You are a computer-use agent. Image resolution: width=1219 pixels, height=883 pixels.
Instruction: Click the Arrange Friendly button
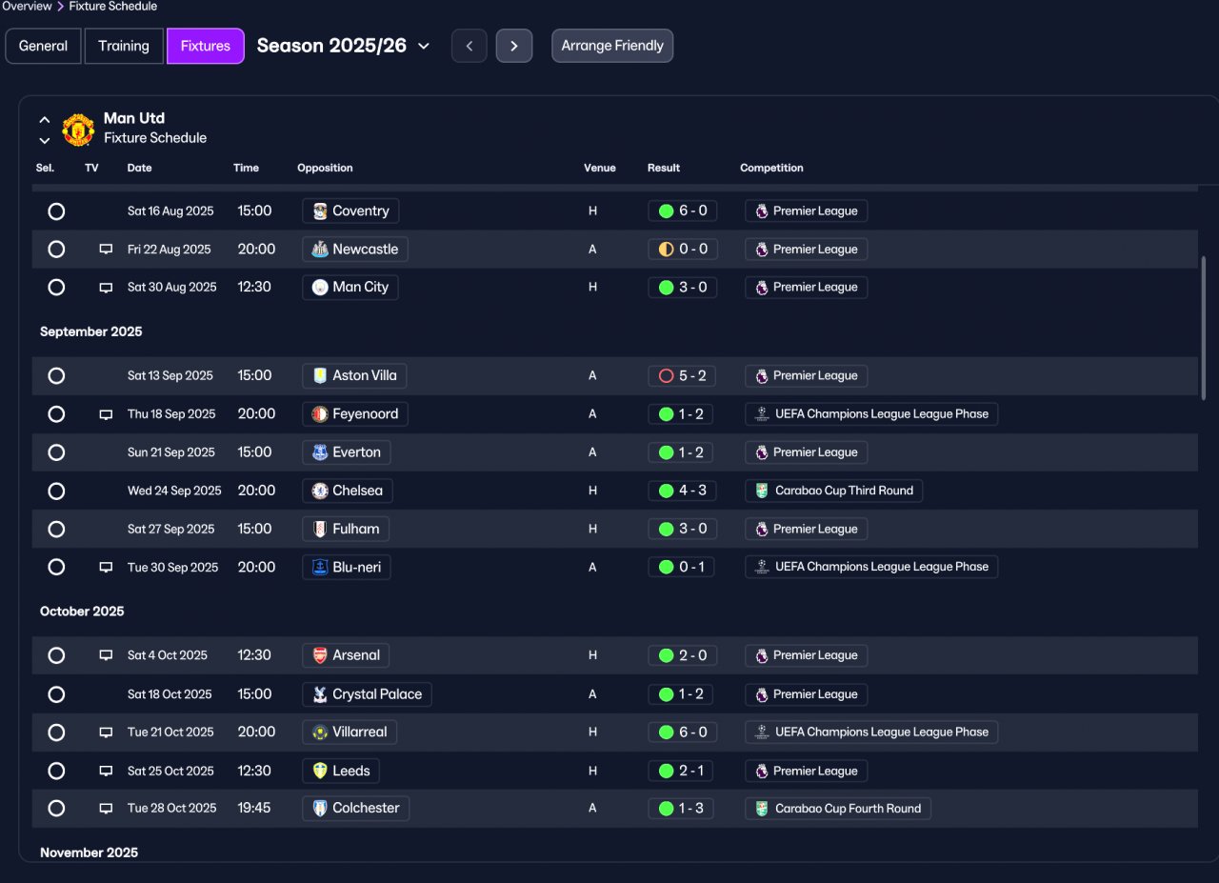pos(612,46)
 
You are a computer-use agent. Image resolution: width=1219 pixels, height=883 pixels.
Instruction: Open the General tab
pos(43,46)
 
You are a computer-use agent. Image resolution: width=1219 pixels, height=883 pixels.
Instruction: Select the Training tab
pos(124,46)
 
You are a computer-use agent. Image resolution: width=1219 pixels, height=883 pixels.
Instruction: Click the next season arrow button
pos(513,46)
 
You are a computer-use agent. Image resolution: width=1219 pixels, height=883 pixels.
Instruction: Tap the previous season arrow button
pos(470,46)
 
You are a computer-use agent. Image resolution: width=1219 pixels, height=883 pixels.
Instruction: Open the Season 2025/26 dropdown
pos(343,46)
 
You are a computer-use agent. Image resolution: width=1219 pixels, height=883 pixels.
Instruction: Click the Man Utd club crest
pos(78,130)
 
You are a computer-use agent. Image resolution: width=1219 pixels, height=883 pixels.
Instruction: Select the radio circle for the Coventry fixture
pos(56,211)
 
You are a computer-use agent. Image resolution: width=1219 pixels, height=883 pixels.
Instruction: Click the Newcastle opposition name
pos(365,250)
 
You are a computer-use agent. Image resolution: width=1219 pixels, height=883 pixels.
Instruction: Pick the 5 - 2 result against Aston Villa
pos(682,375)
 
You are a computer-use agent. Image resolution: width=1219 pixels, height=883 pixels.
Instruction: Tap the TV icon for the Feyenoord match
pos(106,414)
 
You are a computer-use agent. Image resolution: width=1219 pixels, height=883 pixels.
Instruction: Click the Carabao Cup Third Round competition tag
pos(833,491)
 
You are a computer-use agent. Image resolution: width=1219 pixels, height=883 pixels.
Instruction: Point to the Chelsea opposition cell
pos(348,491)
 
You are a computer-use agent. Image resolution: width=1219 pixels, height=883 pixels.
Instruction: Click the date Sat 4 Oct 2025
pos(167,655)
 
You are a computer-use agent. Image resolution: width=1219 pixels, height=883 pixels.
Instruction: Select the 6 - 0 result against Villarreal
pos(683,732)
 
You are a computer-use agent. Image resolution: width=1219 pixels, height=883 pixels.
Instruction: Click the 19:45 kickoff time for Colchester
pos(254,808)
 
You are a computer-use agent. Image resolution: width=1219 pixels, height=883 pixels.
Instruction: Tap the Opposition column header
pos(325,168)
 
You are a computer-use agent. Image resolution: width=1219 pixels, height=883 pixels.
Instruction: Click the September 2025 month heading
pos(90,331)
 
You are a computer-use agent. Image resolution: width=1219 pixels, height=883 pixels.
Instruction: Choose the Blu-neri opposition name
pos(356,568)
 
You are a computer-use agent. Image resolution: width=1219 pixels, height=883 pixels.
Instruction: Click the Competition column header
pos(771,168)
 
